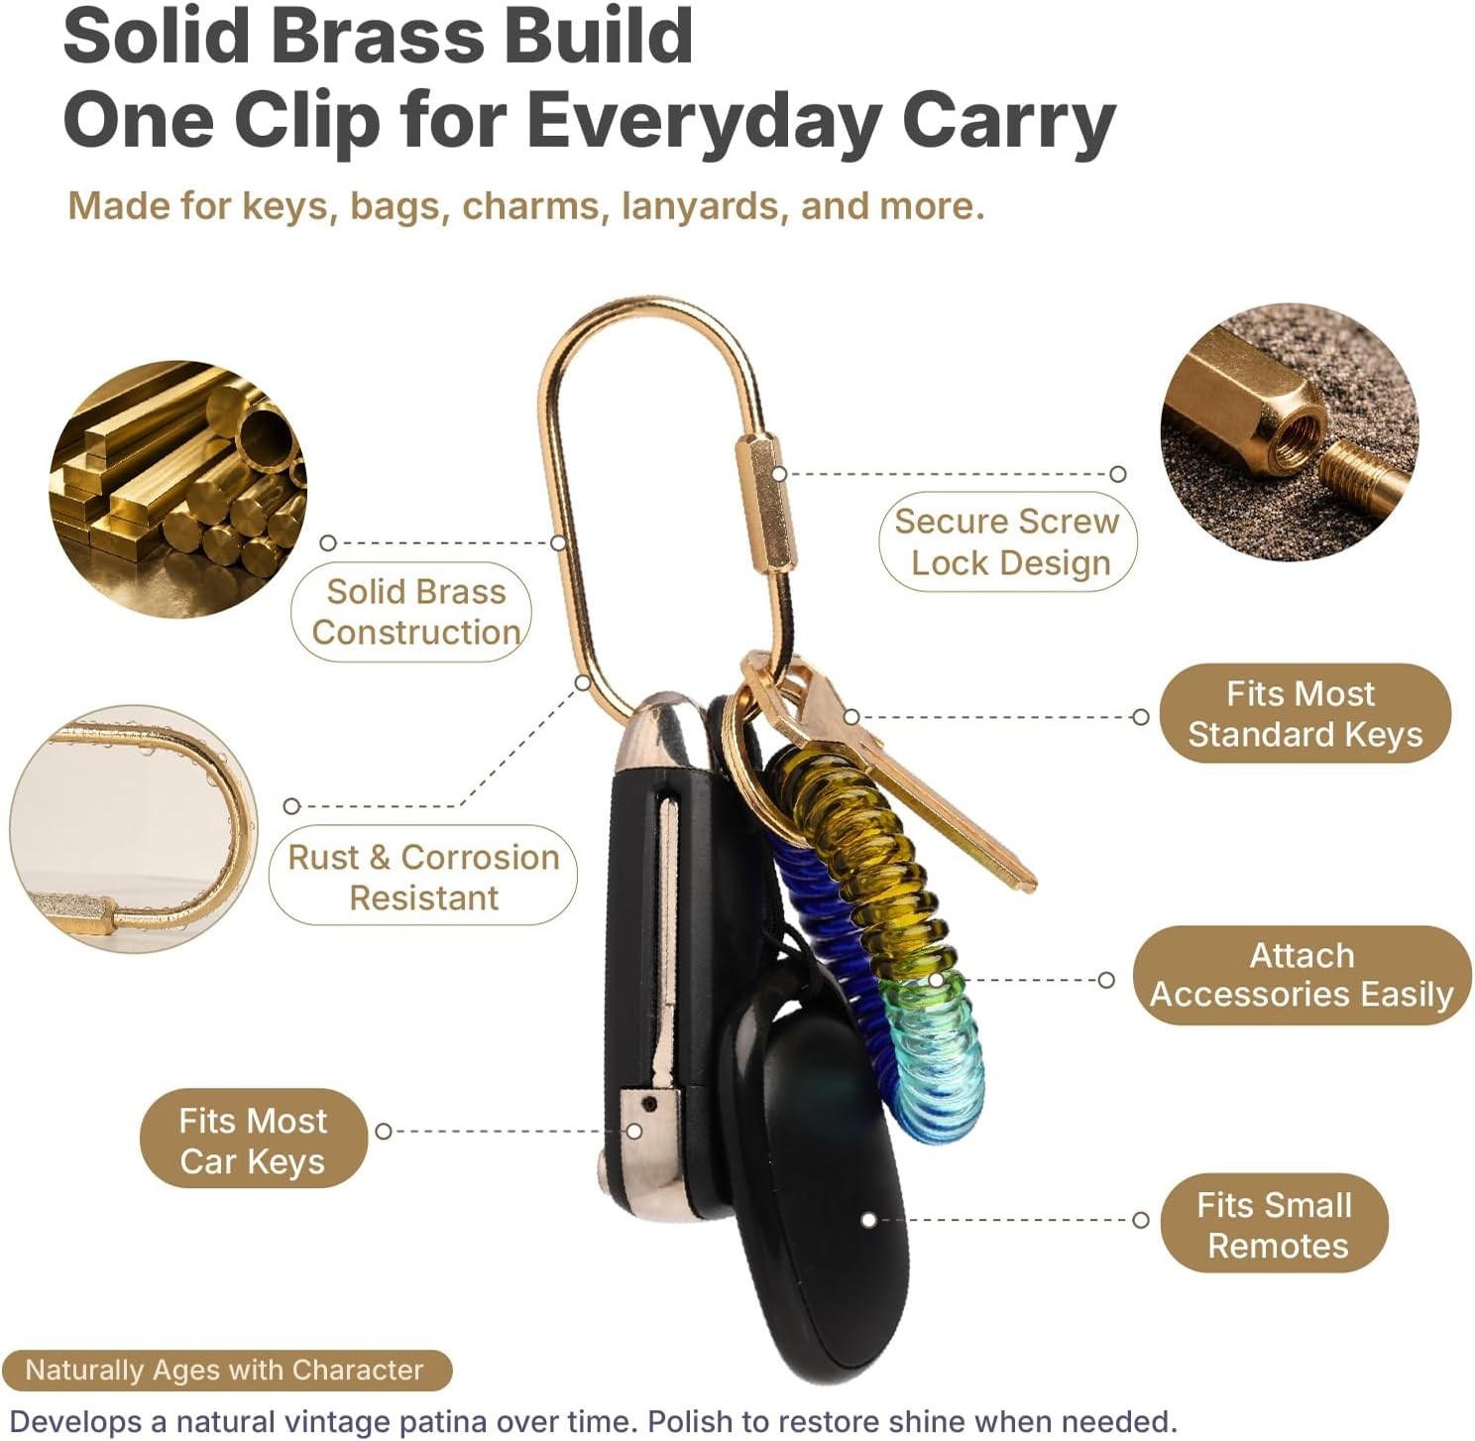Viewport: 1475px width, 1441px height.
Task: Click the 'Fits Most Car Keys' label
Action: (x=253, y=1141)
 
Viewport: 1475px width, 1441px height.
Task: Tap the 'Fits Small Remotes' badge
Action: (x=1274, y=1225)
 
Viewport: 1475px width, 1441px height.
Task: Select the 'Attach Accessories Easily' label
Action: (x=1302, y=975)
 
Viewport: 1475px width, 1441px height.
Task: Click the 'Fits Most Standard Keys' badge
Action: (x=1305, y=714)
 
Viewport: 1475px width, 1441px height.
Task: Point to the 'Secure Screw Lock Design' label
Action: (x=1007, y=542)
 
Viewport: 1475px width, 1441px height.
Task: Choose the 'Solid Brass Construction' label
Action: (x=411, y=612)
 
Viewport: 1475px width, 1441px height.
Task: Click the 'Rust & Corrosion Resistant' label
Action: (x=423, y=877)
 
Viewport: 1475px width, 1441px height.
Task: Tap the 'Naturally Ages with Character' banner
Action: (x=227, y=1371)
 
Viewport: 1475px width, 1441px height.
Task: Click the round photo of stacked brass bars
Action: (x=178, y=489)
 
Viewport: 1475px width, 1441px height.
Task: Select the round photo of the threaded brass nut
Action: (x=1290, y=433)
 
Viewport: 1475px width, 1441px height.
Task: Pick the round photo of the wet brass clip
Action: (x=134, y=828)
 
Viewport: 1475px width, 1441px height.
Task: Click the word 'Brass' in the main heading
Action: (x=379, y=37)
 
